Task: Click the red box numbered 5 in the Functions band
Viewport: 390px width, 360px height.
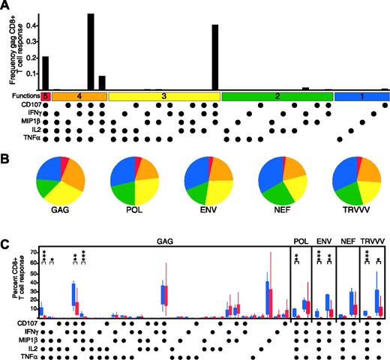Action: coord(45,97)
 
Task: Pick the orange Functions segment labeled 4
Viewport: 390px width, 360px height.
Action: coord(79,97)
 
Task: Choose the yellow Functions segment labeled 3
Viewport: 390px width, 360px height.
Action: coord(163,97)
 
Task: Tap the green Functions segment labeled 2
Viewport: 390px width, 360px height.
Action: coord(276,97)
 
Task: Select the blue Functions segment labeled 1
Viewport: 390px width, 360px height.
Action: coord(361,97)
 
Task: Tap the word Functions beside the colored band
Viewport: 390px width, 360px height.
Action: coord(22,97)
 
